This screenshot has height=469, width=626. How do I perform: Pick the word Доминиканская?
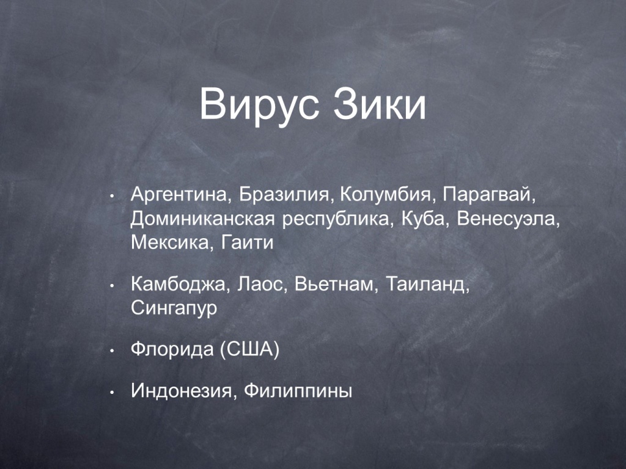pyautogui.click(x=203, y=219)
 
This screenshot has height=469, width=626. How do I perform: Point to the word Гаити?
pyautogui.click(x=247, y=242)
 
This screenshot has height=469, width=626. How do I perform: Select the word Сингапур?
pyautogui.click(x=174, y=308)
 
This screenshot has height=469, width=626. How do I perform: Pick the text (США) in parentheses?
pyautogui.click(x=249, y=350)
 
